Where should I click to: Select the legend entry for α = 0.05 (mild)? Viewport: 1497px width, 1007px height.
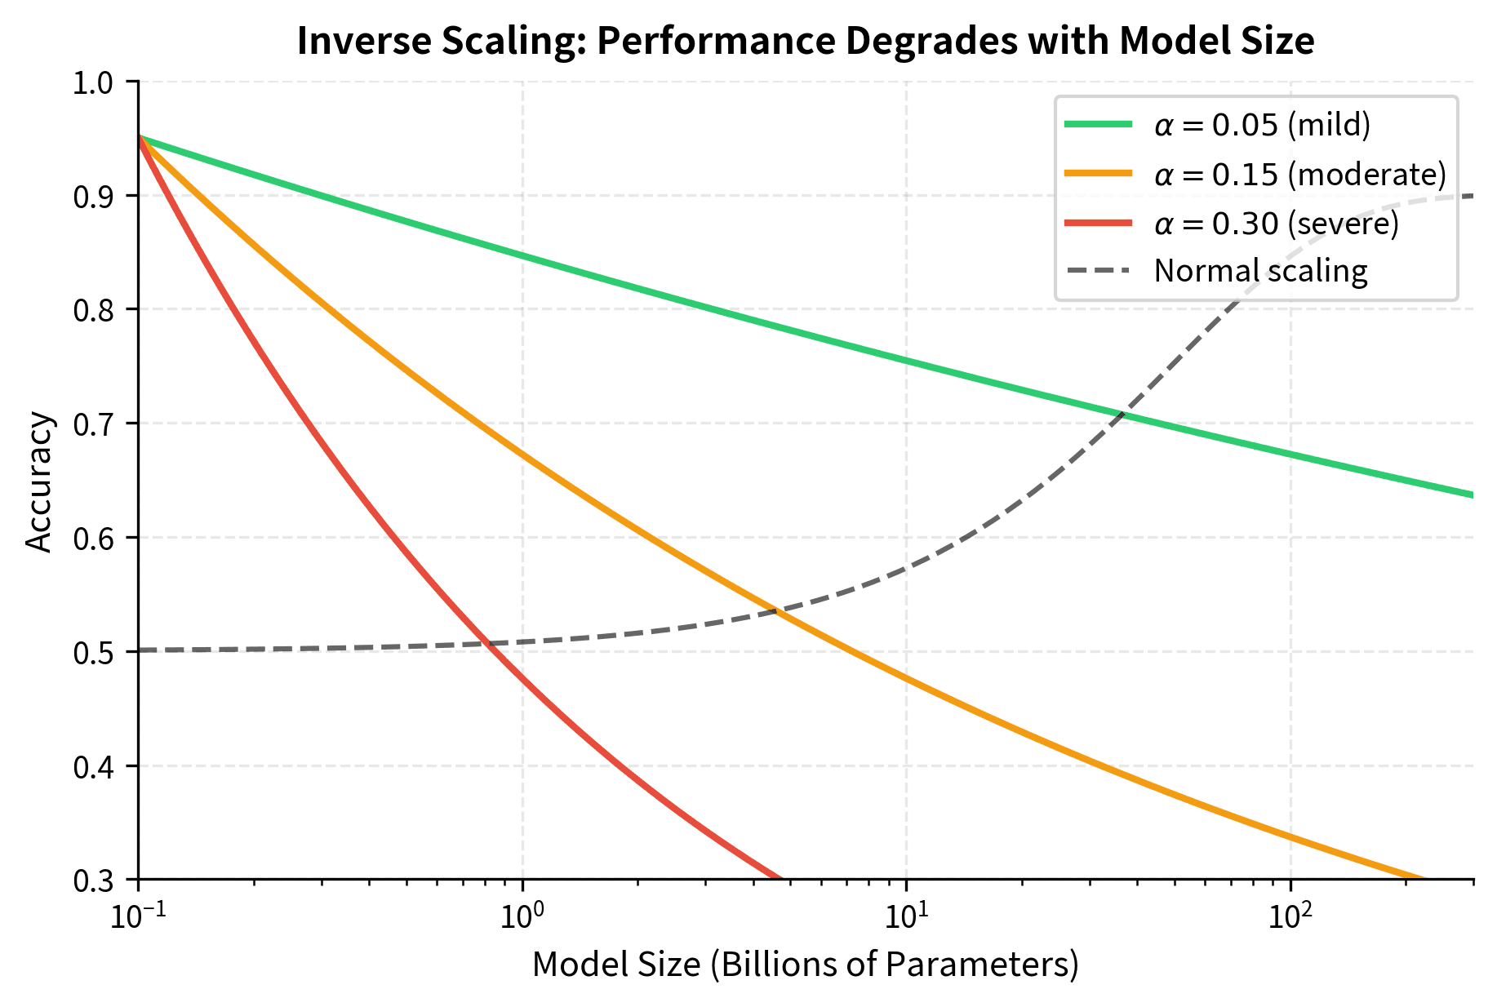coord(1262,125)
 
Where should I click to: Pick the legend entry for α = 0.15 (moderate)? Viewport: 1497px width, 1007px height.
coord(1299,174)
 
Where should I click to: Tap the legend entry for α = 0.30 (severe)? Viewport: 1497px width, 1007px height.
coord(1276,223)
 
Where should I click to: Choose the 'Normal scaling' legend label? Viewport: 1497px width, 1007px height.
coord(1260,271)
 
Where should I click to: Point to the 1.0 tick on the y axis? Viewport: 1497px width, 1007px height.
coord(95,82)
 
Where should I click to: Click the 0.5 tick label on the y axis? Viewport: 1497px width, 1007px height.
coord(95,652)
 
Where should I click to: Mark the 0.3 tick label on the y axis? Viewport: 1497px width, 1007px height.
coord(95,881)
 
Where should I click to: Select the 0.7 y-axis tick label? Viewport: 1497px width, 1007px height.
coord(95,424)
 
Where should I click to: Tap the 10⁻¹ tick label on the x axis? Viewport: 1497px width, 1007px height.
coord(138,917)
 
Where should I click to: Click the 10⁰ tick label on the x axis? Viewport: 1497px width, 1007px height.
coord(522,917)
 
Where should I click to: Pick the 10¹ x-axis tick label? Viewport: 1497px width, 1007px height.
coord(905,917)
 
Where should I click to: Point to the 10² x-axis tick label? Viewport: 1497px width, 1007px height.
coord(1289,917)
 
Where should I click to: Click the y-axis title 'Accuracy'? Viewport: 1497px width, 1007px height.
coord(39,483)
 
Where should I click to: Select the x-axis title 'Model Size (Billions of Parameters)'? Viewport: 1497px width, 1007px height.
coord(805,965)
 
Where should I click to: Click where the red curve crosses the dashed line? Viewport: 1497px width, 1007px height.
coord(486,645)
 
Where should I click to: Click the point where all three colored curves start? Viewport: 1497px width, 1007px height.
coord(139,137)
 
